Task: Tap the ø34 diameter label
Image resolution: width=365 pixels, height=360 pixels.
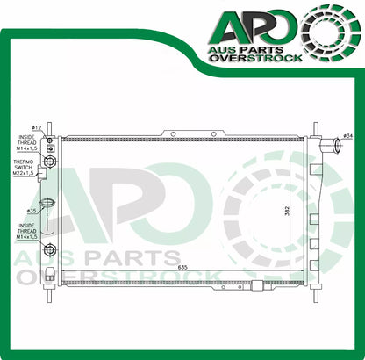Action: pos(348,136)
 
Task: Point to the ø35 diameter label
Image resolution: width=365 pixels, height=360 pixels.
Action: pos(32,212)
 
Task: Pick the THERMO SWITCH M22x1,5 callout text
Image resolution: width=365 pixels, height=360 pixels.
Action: pos(24,167)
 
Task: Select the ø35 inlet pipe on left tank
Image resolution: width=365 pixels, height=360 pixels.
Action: pos(46,213)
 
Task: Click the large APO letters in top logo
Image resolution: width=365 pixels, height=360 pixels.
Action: pos(254,25)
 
